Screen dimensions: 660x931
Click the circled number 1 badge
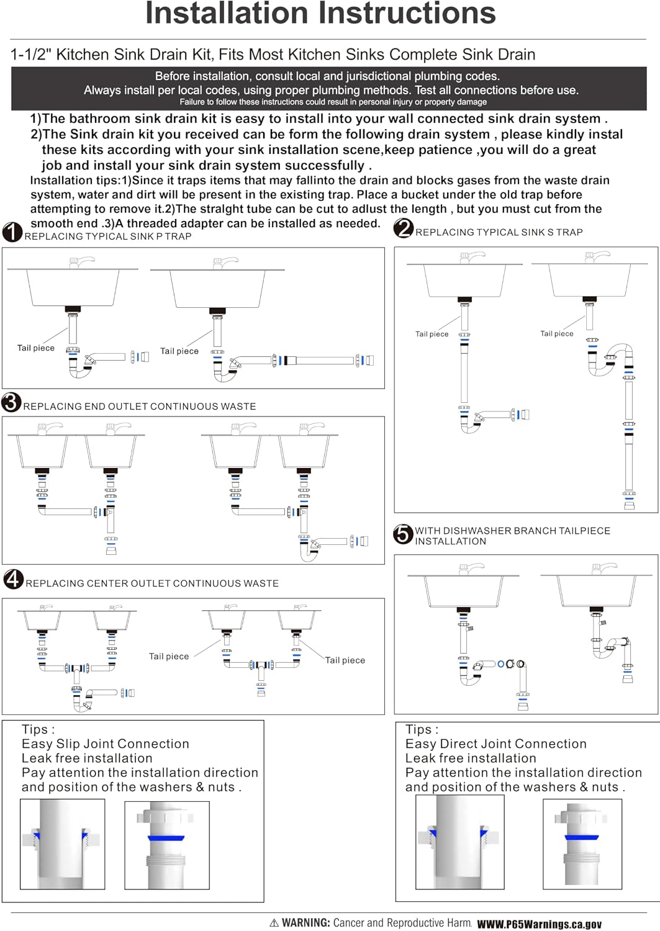(12, 232)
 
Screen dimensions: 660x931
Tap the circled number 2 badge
(404, 228)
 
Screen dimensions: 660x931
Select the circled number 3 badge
(11, 402)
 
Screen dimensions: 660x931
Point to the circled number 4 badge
(13, 579)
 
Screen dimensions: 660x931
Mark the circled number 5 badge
(403, 534)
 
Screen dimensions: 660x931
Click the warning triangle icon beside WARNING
(274, 923)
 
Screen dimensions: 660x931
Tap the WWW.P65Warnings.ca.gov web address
(540, 924)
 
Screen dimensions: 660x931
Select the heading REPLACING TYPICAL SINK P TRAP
(108, 236)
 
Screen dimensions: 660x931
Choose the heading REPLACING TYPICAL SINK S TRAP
(499, 232)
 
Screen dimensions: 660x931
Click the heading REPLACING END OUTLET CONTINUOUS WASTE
(139, 407)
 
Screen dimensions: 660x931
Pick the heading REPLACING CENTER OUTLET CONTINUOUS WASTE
(151, 583)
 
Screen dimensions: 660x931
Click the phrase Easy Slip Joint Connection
(105, 744)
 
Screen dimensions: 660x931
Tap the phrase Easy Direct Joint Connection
(495, 744)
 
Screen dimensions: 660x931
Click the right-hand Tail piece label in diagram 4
(345, 660)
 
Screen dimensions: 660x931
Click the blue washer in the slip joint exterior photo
(166, 838)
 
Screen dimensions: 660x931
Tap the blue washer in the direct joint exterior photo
(581, 837)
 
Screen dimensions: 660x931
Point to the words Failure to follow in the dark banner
(206, 102)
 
